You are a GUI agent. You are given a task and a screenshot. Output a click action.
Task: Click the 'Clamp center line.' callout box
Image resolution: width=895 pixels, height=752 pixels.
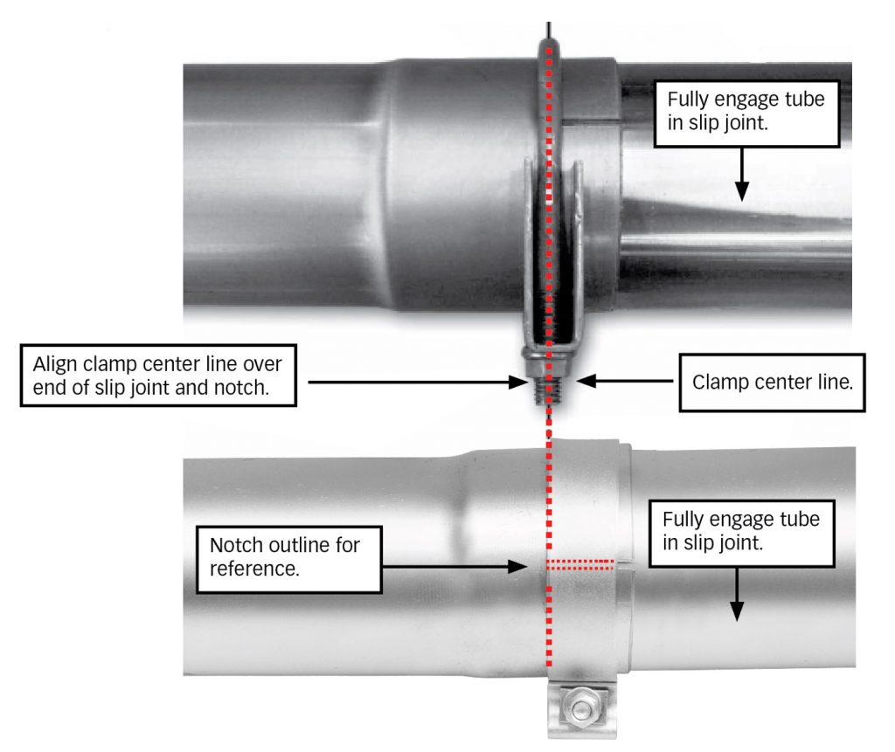[x=772, y=383]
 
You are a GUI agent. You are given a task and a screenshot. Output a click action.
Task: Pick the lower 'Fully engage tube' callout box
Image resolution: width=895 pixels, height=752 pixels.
[x=739, y=531]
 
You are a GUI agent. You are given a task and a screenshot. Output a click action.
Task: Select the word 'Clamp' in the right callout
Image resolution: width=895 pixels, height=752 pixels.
[x=718, y=383]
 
